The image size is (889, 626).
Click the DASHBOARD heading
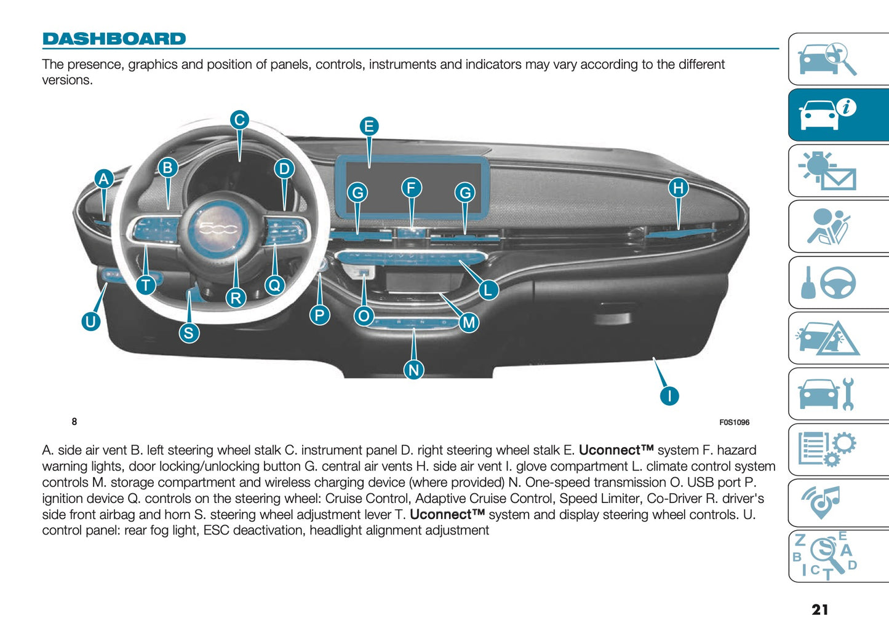114,39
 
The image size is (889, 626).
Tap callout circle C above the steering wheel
239,119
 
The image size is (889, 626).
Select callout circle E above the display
369,127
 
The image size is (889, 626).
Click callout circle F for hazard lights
411,188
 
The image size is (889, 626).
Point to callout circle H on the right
678,188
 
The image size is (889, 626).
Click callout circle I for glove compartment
669,395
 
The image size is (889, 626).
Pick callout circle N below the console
413,370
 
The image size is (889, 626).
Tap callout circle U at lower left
91,321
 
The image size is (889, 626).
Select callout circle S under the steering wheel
189,333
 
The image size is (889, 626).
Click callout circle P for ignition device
319,315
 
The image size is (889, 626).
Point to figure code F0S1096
734,422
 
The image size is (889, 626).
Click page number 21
819,609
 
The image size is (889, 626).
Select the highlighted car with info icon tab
838,115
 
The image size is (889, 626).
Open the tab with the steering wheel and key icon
838,283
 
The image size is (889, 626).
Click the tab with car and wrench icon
838,394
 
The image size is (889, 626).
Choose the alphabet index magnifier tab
838,556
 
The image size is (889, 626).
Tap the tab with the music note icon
838,501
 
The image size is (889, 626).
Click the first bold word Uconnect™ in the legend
615,450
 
